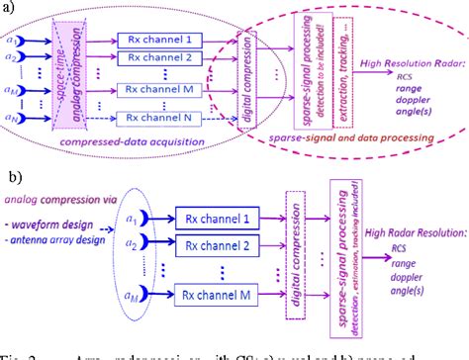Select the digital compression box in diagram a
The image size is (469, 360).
[x=246, y=78]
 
